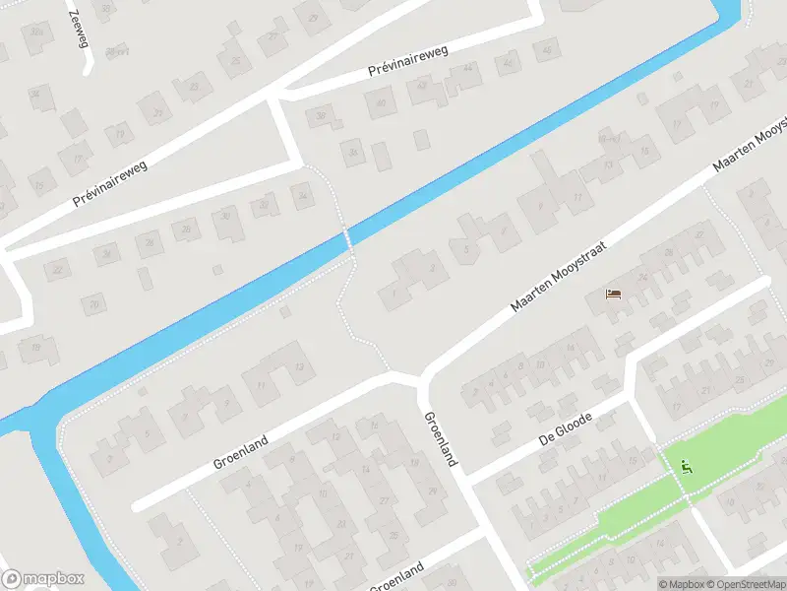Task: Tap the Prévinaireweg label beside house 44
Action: [407, 62]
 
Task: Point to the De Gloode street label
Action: [565, 430]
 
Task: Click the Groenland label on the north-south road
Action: [439, 437]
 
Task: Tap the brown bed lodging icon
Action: [614, 294]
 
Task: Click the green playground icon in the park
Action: [685, 466]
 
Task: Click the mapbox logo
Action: [43, 578]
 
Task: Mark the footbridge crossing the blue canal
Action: [347, 239]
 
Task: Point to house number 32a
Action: [36, 33]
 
